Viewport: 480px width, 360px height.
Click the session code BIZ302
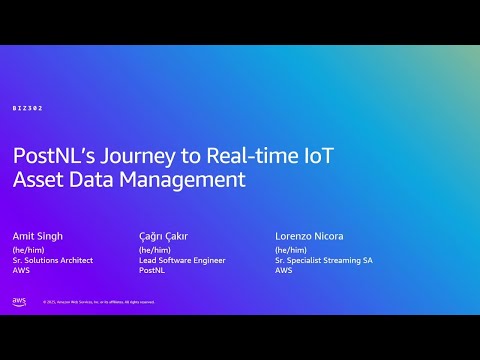(x=28, y=108)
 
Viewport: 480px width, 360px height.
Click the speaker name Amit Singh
(x=38, y=236)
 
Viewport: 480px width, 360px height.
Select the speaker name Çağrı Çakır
(x=163, y=236)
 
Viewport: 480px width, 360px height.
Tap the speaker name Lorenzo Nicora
(x=309, y=236)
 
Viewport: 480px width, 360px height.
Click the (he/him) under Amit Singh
(x=26, y=250)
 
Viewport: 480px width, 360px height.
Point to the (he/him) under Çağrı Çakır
(x=153, y=250)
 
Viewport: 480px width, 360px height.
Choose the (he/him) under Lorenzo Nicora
(x=289, y=250)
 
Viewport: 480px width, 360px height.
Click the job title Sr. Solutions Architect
(x=52, y=260)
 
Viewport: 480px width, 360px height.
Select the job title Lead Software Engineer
(x=182, y=260)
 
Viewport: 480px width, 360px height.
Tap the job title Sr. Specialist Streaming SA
(x=325, y=260)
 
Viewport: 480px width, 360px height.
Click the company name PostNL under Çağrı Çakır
(x=151, y=270)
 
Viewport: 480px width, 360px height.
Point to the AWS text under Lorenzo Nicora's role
(x=283, y=270)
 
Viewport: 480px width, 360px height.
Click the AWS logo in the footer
(x=19, y=301)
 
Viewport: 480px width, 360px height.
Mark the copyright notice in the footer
(x=98, y=302)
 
